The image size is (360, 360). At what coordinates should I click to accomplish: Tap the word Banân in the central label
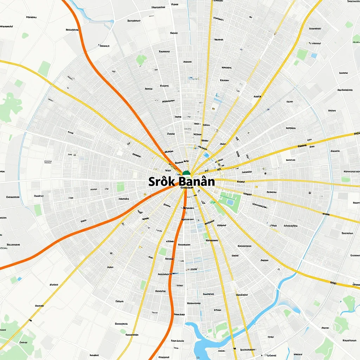tap(197, 182)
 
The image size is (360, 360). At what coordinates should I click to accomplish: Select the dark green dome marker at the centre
tap(186, 173)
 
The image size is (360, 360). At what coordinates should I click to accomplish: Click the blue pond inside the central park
tap(230, 202)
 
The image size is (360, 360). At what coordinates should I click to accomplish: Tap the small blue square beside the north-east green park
tap(314, 56)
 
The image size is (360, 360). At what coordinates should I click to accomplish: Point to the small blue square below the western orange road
tap(19, 279)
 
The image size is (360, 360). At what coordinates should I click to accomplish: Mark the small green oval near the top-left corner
tap(25, 36)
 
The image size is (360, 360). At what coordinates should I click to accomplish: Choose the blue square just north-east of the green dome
tap(206, 155)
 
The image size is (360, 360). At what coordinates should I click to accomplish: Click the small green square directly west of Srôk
tap(121, 187)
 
